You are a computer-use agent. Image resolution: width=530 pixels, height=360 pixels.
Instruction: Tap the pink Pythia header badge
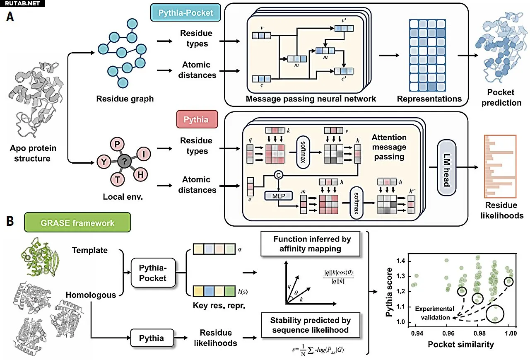click(x=196, y=120)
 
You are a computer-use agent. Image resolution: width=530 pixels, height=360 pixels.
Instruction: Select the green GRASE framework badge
click(x=77, y=223)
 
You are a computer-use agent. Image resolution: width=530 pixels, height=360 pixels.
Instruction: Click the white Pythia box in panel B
click(x=151, y=338)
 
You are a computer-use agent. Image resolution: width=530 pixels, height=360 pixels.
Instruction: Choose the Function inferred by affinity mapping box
click(x=312, y=244)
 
